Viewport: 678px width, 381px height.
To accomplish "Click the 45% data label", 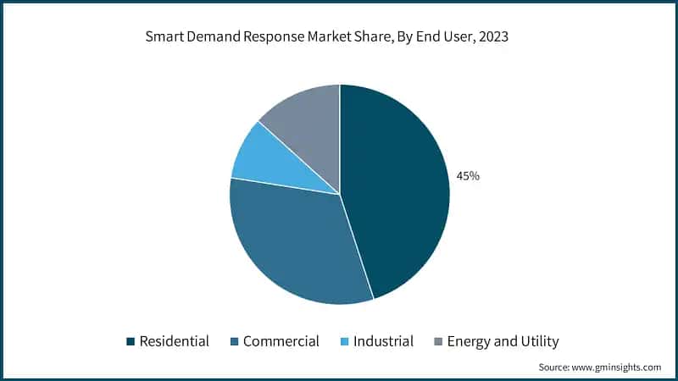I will click(468, 176).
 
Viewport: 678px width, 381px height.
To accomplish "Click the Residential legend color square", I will click(131, 342).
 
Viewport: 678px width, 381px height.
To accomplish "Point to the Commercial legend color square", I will click(234, 342).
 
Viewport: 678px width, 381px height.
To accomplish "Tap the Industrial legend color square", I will click(343, 342).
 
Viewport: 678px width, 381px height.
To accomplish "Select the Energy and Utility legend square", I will click(437, 342).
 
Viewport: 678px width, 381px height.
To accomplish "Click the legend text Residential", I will click(175, 342).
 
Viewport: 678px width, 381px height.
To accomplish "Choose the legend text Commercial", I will click(281, 342).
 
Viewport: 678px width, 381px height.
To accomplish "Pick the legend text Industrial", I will click(384, 342).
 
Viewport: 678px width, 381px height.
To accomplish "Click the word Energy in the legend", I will click(470, 342).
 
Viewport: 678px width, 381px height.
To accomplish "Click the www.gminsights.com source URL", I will click(617, 367).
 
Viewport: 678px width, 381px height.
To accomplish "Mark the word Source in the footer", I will click(555, 367).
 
